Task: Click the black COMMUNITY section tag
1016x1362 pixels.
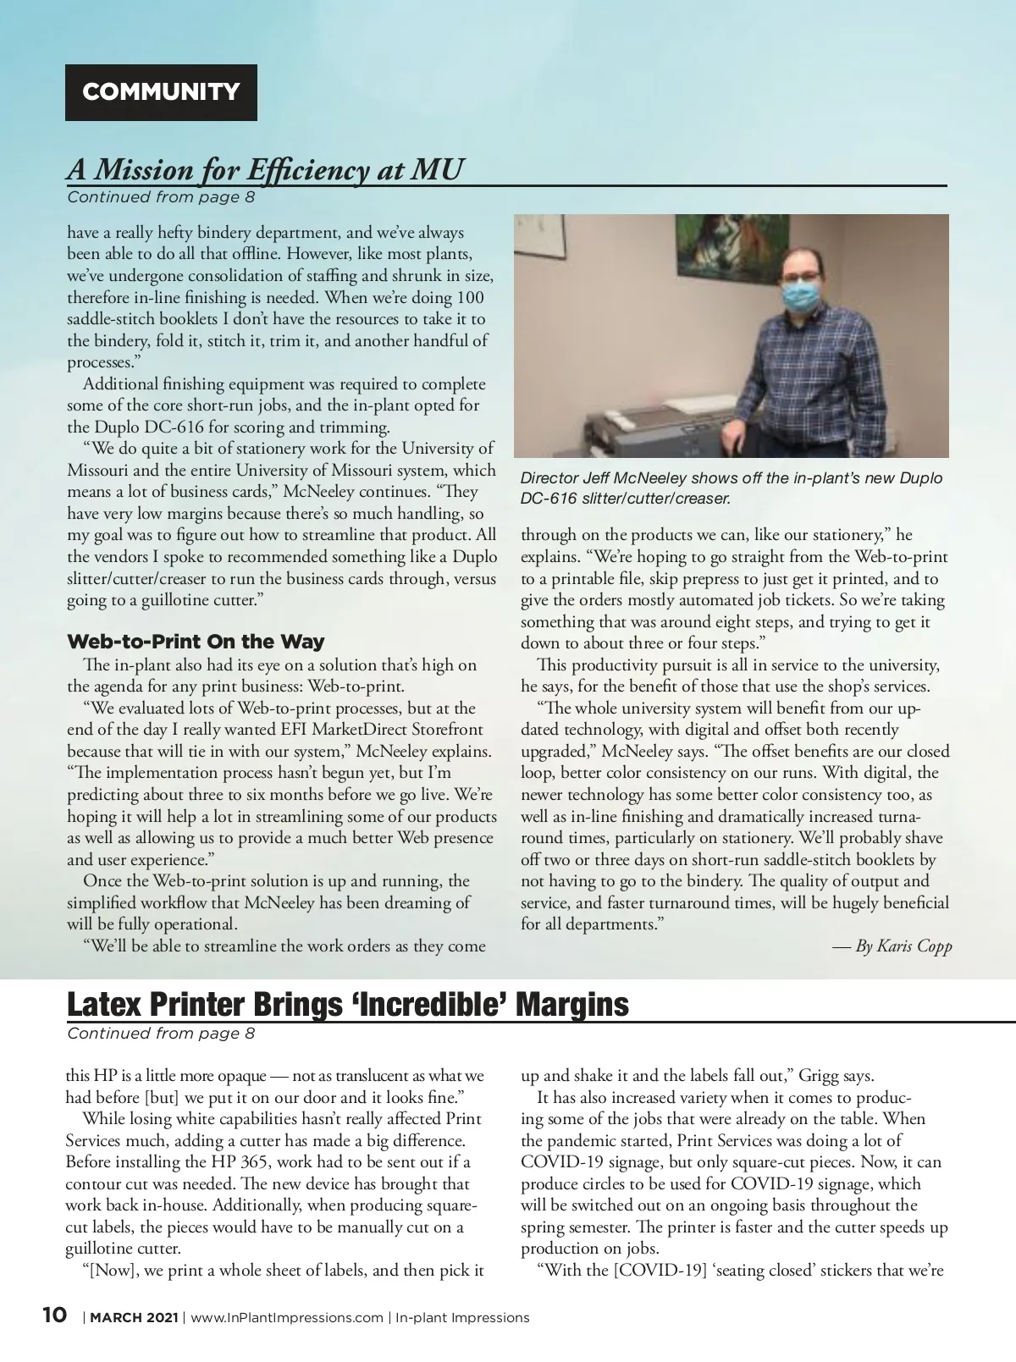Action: pos(161,92)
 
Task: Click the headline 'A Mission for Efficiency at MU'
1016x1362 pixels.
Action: pos(265,169)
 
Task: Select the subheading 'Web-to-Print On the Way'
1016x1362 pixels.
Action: pos(196,642)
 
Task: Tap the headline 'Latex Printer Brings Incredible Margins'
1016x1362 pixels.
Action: pos(347,1005)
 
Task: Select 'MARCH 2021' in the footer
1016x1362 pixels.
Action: pos(134,1317)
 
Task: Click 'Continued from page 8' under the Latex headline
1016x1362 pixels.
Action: pos(161,1033)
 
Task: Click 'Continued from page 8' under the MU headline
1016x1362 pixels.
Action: pos(161,197)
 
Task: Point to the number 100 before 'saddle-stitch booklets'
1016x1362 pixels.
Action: pos(470,297)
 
